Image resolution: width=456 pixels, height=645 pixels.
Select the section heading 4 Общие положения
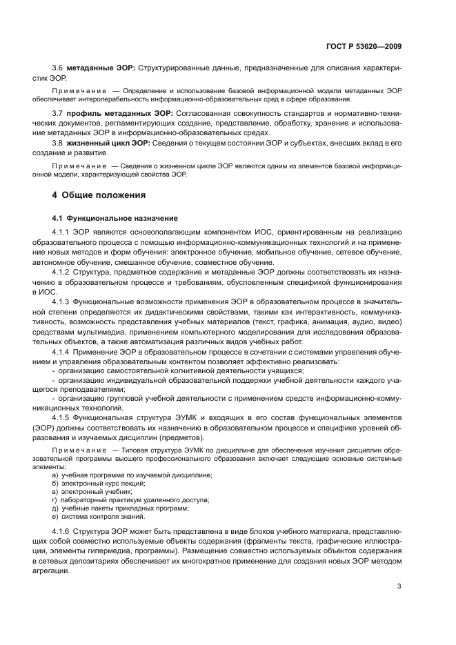[95, 195]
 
